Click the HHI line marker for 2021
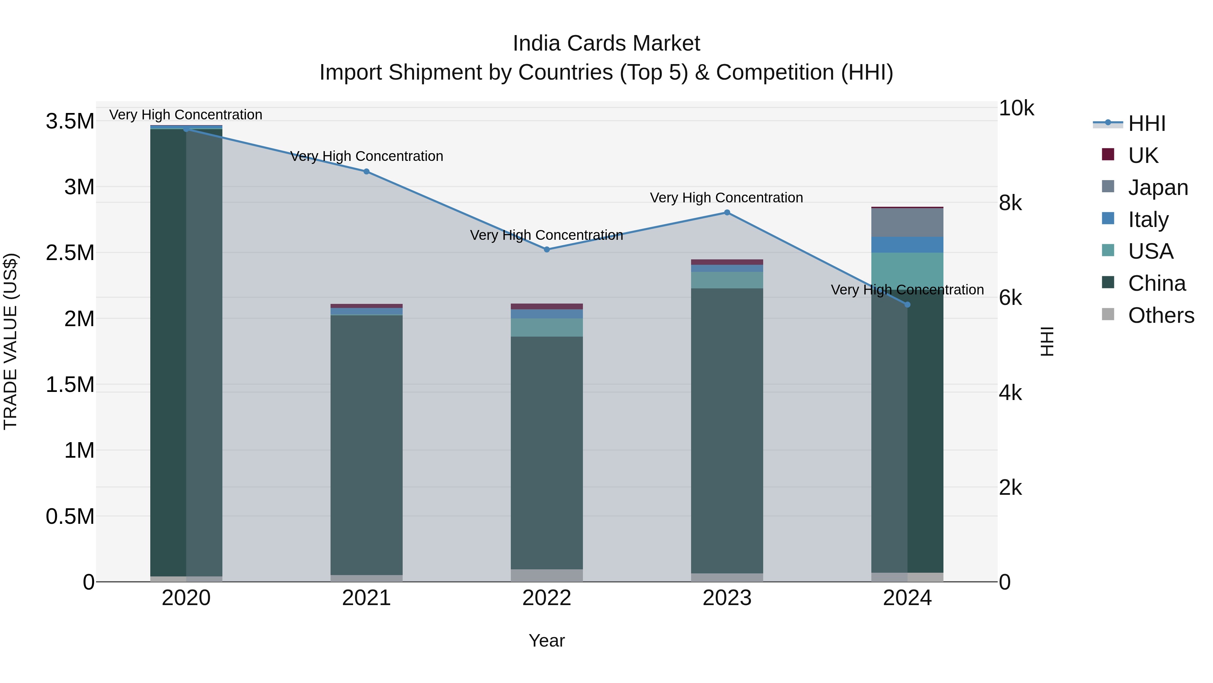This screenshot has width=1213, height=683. [x=366, y=172]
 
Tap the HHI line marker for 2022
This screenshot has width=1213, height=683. [x=547, y=249]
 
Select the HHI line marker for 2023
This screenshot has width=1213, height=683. [x=727, y=212]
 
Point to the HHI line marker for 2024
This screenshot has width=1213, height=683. [x=907, y=305]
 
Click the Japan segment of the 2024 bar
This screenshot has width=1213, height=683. [x=907, y=223]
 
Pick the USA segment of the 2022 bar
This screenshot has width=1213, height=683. [x=547, y=327]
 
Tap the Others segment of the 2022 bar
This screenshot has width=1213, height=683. [x=547, y=575]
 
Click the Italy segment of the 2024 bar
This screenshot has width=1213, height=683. [x=907, y=245]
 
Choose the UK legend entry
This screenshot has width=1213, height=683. [x=1143, y=155]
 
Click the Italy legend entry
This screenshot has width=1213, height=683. [x=1148, y=220]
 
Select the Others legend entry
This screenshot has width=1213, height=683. [x=1161, y=315]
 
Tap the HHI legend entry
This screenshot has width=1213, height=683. [x=1147, y=123]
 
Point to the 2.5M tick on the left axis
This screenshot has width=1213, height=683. [x=70, y=253]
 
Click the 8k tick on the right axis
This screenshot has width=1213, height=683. [x=1010, y=203]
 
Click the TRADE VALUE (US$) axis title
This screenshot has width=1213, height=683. [x=10, y=341]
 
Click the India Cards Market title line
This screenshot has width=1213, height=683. [x=606, y=44]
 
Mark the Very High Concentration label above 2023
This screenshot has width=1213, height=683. [x=726, y=198]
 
